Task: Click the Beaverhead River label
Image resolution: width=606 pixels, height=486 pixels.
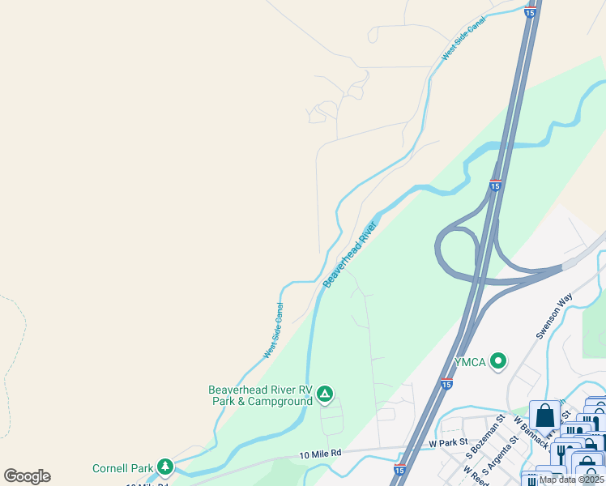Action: (x=351, y=254)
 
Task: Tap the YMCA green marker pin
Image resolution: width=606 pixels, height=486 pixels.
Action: (x=498, y=361)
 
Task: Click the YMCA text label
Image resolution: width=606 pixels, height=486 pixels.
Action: (x=469, y=362)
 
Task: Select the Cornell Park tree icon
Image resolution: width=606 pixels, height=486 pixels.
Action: (x=165, y=467)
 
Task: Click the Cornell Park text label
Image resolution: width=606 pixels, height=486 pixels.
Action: (x=123, y=467)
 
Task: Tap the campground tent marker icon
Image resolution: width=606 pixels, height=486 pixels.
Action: (x=324, y=394)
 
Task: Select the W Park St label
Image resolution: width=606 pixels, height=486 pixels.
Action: (x=449, y=443)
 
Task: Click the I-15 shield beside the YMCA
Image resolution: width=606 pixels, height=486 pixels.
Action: (x=446, y=384)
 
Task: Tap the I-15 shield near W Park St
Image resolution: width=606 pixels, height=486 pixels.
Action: (x=399, y=469)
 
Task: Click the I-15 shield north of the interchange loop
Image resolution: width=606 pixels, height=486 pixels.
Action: (x=494, y=185)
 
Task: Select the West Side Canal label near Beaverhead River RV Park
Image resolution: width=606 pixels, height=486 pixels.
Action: (x=273, y=330)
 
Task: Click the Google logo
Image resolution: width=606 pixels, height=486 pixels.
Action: (x=27, y=476)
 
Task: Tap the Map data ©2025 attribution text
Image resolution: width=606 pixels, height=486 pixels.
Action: (x=571, y=480)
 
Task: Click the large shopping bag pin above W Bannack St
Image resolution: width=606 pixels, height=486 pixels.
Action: (x=545, y=416)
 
